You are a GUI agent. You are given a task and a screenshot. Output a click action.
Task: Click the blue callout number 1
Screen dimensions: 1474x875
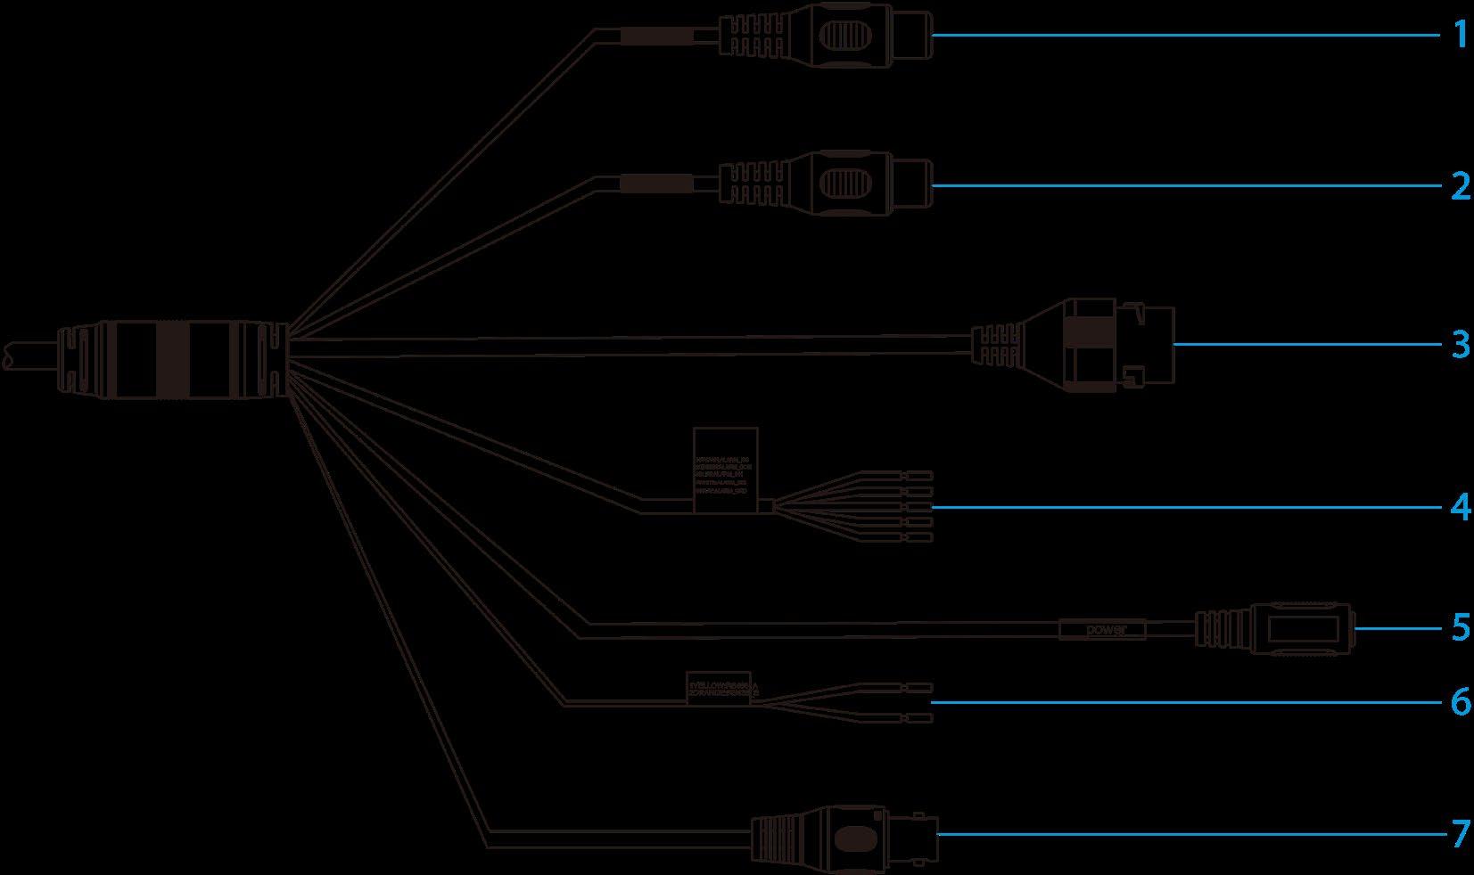pyautogui.click(x=1459, y=36)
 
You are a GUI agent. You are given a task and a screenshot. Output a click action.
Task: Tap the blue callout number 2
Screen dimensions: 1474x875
pyautogui.click(x=1459, y=186)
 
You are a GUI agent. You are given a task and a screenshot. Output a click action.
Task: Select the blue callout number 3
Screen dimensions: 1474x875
pyautogui.click(x=1459, y=344)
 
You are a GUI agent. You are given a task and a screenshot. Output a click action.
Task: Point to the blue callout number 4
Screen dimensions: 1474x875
pyautogui.click(x=1459, y=507)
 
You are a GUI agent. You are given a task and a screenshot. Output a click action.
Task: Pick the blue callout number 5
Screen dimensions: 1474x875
pyautogui.click(x=1459, y=627)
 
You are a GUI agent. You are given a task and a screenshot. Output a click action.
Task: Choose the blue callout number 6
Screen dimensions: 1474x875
pyautogui.click(x=1459, y=702)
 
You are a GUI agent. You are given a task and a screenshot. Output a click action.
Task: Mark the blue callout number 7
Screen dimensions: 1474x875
pyautogui.click(x=1459, y=835)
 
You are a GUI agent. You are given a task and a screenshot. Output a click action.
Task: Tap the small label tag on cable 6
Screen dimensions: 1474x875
pyautogui.click(x=718, y=688)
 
